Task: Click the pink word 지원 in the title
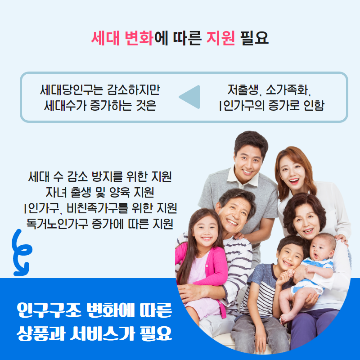pyautogui.click(x=220, y=37)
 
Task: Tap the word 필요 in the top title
pyautogui.click(x=254, y=37)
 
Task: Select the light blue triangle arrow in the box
pyautogui.click(x=189, y=97)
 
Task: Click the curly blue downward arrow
pyautogui.click(x=21, y=252)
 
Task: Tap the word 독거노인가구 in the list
pyautogui.click(x=57, y=224)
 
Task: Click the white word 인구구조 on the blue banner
pyautogui.click(x=49, y=310)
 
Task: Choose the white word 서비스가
pyautogui.click(x=102, y=333)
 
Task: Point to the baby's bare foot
pyautogui.click(x=285, y=318)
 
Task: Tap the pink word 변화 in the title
pyautogui.click(x=139, y=37)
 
